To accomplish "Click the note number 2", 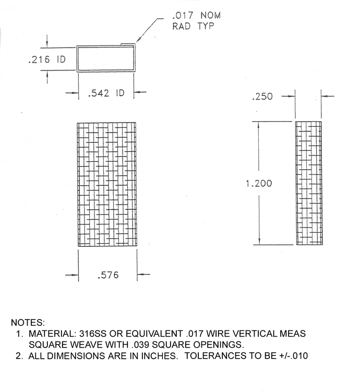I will (x=18, y=356).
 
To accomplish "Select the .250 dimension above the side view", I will (x=262, y=97).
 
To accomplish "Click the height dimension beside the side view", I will (x=258, y=183).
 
